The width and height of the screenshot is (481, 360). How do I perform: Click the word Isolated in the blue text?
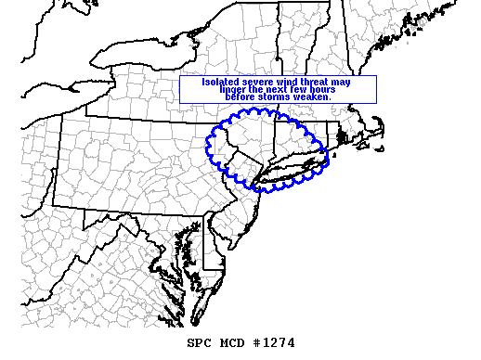[x=219, y=82]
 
